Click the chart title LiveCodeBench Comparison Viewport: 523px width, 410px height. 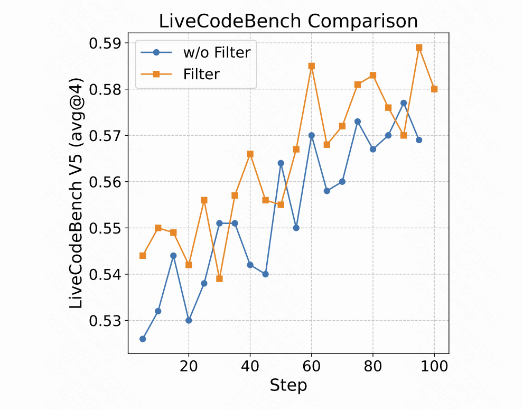pyautogui.click(x=288, y=21)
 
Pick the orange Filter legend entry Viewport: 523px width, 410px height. pyautogui.click(x=201, y=74)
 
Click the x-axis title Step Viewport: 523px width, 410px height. pyautogui.click(x=288, y=385)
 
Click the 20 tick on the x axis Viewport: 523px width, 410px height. pyautogui.click(x=189, y=365)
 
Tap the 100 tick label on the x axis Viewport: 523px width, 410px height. pyautogui.click(x=434, y=365)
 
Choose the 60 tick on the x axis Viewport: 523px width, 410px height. pyautogui.click(x=312, y=365)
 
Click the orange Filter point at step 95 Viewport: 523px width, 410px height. pyautogui.click(x=419, y=48)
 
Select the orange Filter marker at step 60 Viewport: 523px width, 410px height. pyautogui.click(x=312, y=66)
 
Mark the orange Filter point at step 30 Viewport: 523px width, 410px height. pyautogui.click(x=219, y=279)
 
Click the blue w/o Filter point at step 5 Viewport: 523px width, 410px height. pyautogui.click(x=143, y=339)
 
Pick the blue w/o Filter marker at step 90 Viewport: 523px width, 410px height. pyautogui.click(x=404, y=103)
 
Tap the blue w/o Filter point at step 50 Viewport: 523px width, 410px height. pyautogui.click(x=281, y=163)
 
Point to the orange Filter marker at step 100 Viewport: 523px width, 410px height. pyautogui.click(x=434, y=89)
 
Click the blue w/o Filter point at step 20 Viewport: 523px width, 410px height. pyautogui.click(x=189, y=320)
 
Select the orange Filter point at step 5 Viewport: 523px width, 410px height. pyautogui.click(x=143, y=256)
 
